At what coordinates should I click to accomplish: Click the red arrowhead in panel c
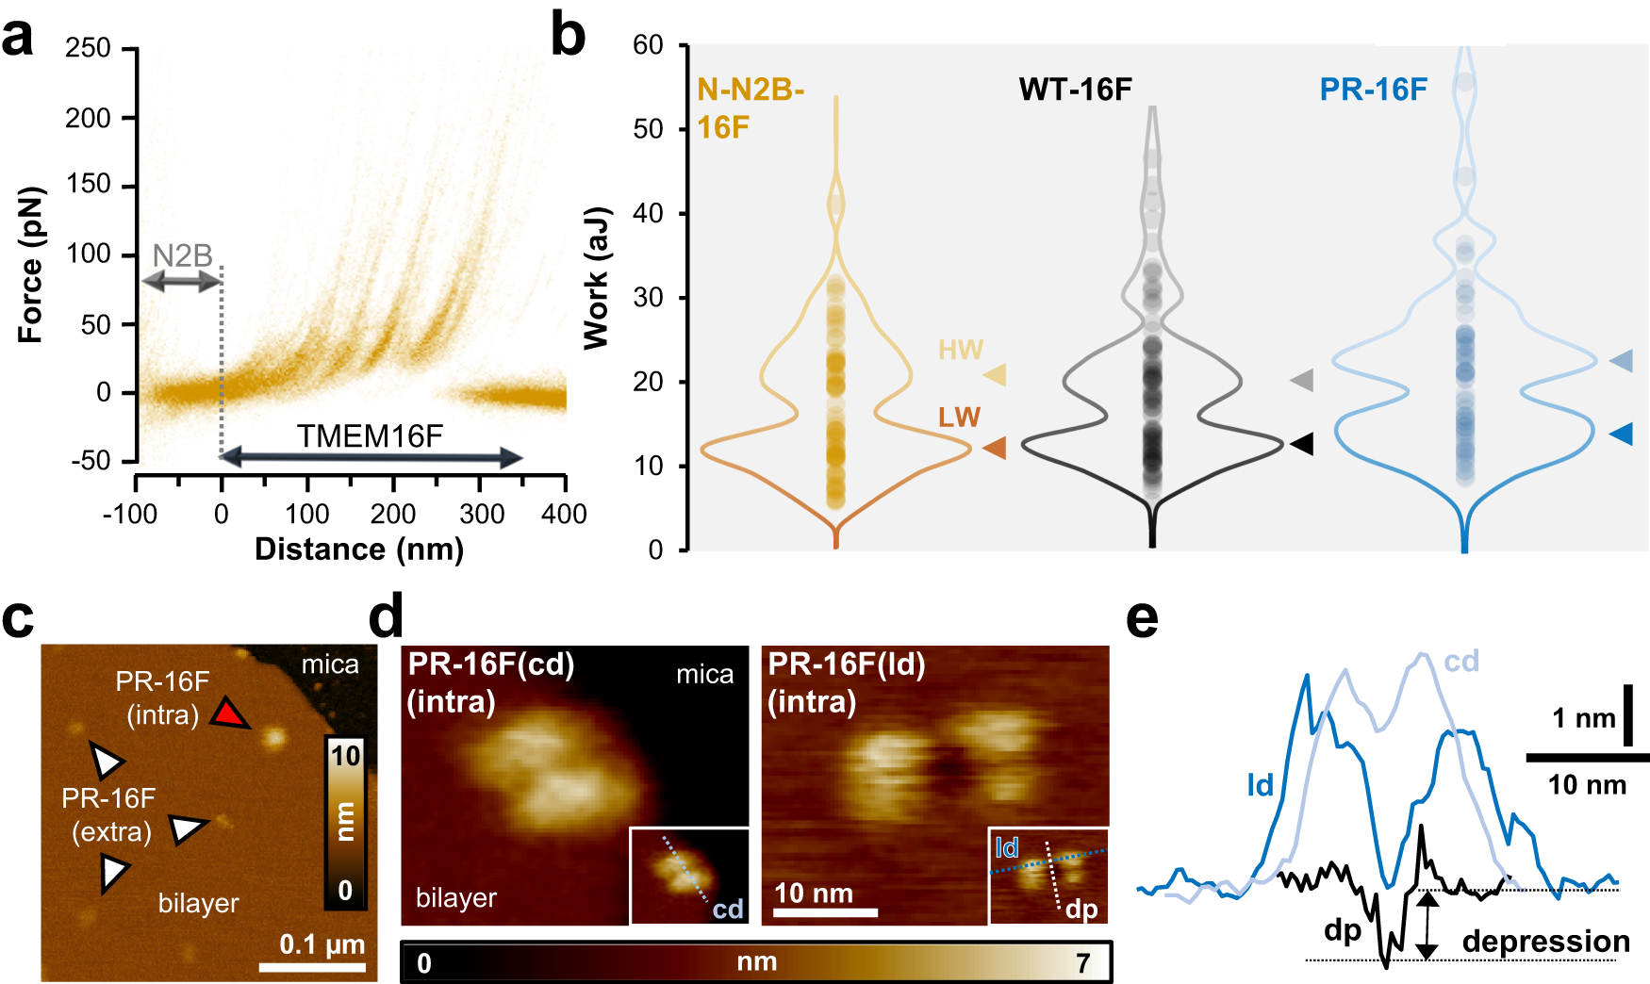click(x=228, y=714)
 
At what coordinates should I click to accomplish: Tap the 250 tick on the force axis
click(x=88, y=48)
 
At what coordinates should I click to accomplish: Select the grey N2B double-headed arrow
click(x=181, y=280)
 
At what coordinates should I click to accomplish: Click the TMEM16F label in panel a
click(x=370, y=436)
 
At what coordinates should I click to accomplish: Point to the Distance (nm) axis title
click(x=358, y=549)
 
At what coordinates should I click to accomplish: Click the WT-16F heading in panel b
click(x=1075, y=90)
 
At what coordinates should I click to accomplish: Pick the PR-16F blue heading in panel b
click(x=1373, y=90)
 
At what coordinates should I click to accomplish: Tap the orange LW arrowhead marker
click(x=996, y=449)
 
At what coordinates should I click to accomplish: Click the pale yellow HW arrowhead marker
click(x=996, y=374)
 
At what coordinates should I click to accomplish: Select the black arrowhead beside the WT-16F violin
click(x=1302, y=444)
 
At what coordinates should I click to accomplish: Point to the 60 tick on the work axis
click(x=649, y=45)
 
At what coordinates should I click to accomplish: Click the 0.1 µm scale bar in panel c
click(x=312, y=968)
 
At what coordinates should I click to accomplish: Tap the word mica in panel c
click(x=330, y=664)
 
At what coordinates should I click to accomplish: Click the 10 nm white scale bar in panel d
click(x=826, y=912)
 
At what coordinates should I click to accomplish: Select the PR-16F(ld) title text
click(x=846, y=664)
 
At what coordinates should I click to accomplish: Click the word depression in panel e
click(x=1545, y=942)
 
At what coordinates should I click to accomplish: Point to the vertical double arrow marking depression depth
click(x=1427, y=926)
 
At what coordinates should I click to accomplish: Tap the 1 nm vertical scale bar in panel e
click(x=1628, y=715)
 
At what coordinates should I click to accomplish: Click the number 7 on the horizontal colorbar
click(x=1083, y=962)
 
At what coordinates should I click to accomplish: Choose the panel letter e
click(x=1142, y=619)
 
